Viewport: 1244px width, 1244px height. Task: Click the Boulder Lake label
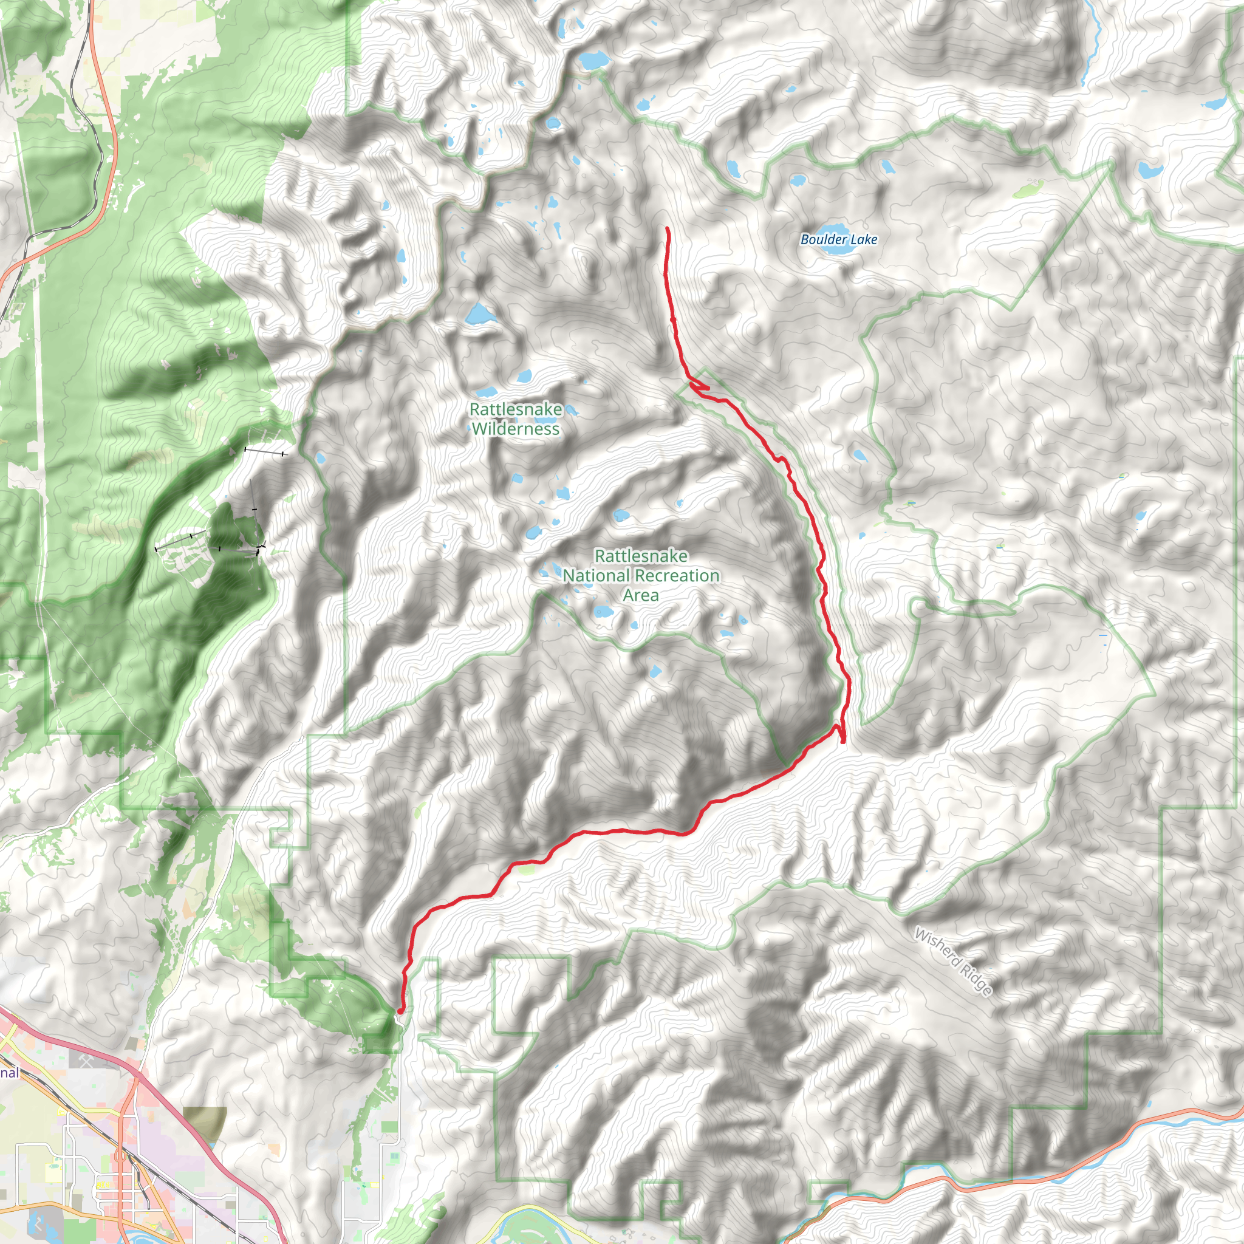point(838,239)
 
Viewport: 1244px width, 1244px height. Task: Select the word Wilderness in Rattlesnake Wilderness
point(515,429)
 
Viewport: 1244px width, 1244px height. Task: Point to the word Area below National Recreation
point(641,596)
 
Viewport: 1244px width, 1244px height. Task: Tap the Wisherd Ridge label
point(954,962)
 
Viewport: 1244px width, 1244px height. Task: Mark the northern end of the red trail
point(667,229)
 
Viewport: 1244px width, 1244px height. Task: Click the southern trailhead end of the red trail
point(400,1011)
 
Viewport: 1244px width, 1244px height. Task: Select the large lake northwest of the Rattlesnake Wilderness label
point(480,314)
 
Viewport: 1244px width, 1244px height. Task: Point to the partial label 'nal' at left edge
point(9,1073)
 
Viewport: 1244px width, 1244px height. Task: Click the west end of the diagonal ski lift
point(157,549)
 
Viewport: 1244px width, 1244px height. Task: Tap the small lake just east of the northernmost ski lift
point(320,459)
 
